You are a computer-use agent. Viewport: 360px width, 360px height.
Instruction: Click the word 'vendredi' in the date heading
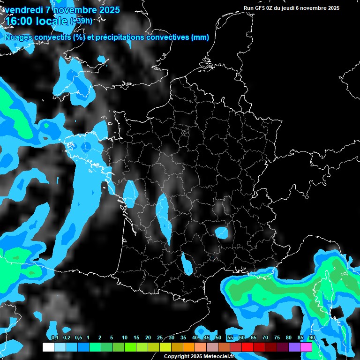click(24, 10)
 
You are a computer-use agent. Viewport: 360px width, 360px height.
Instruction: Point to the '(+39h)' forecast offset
click(81, 21)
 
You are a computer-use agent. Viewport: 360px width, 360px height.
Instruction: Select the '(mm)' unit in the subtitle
click(200, 37)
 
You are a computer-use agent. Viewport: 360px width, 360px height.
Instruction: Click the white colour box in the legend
click(48, 347)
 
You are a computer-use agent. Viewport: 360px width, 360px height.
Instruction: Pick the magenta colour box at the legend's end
click(306, 347)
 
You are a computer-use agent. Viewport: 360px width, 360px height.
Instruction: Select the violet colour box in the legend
click(294, 347)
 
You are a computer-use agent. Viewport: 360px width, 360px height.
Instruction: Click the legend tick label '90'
click(312, 338)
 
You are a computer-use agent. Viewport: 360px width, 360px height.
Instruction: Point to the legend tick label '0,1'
click(54, 338)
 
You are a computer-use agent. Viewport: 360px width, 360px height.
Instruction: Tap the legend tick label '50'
click(218, 338)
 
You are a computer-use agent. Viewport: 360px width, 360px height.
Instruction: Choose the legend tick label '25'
click(159, 338)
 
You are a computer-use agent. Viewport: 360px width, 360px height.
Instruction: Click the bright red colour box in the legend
click(247, 347)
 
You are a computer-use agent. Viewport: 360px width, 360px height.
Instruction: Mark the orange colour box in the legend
click(189, 347)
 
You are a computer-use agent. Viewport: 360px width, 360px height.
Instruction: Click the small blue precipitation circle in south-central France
click(221, 232)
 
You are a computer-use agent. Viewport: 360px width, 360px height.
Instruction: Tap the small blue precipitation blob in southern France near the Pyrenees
click(187, 264)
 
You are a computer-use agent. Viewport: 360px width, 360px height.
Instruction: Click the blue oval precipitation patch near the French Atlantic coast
click(130, 194)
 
